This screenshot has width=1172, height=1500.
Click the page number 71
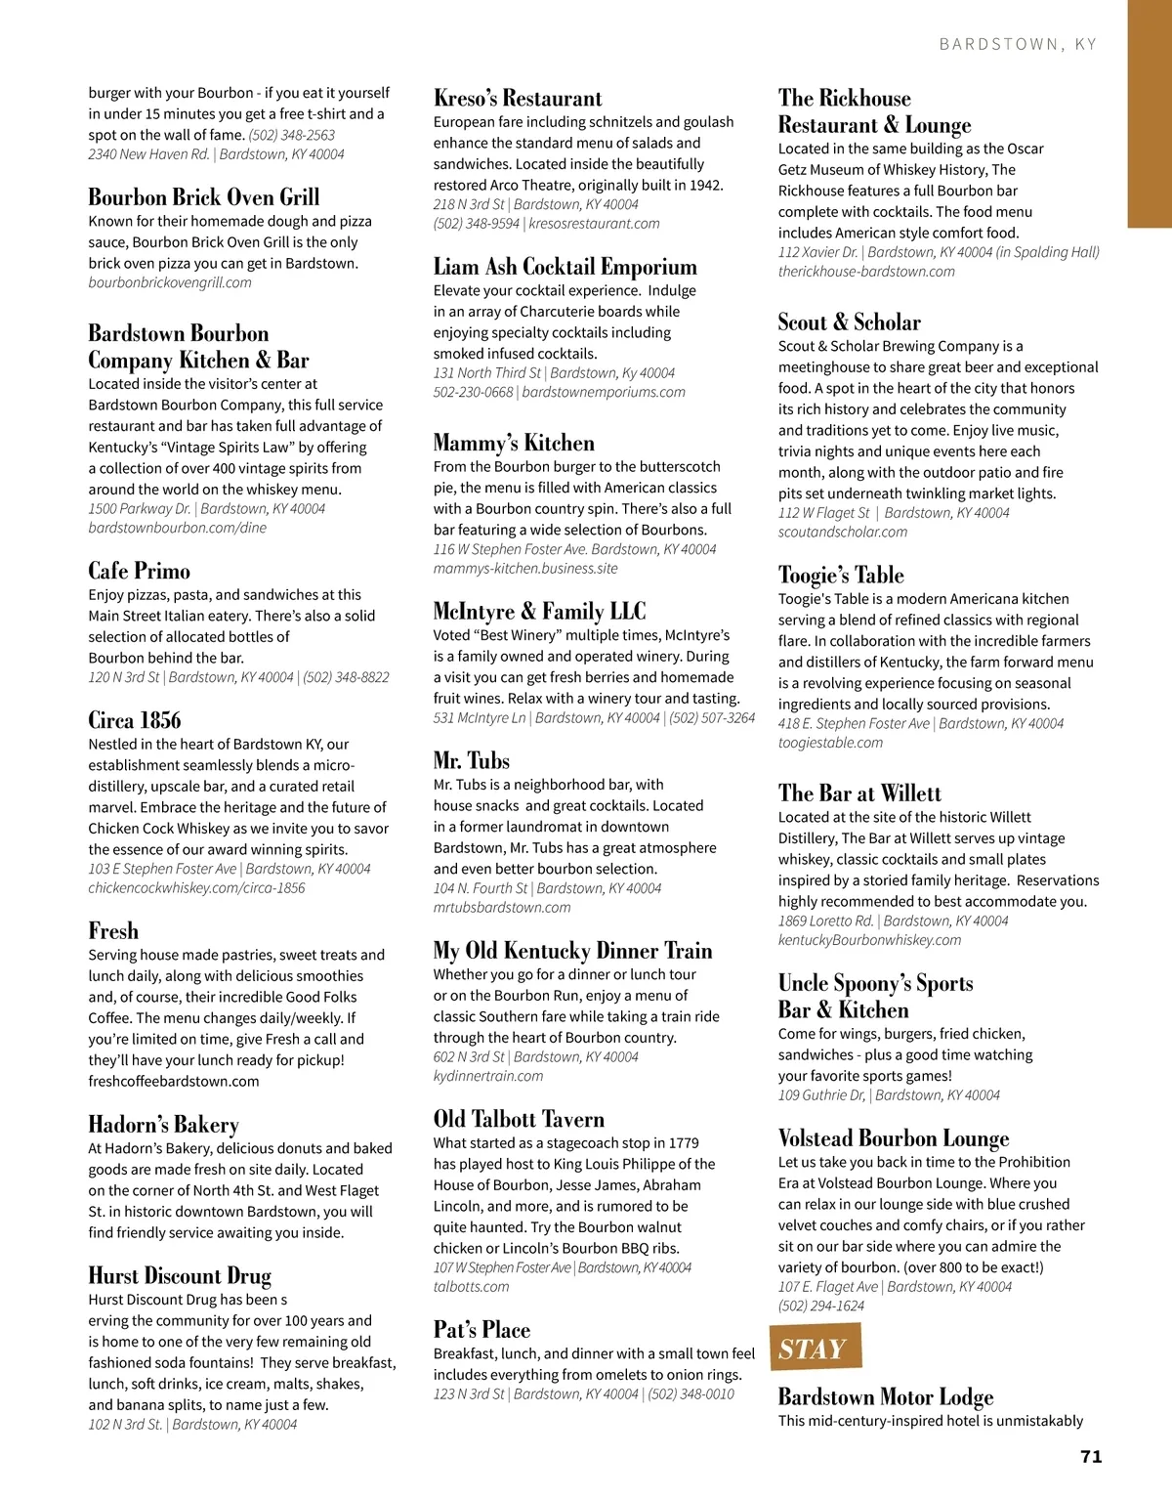(x=1091, y=1456)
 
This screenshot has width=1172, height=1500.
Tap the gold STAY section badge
(x=815, y=1349)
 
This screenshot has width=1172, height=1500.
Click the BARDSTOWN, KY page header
(x=1018, y=44)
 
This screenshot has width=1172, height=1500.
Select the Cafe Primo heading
(x=139, y=571)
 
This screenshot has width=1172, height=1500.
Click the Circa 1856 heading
(x=135, y=720)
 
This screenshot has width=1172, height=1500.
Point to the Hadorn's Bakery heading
(x=163, y=1124)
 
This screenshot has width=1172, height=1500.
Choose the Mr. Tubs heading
(x=472, y=760)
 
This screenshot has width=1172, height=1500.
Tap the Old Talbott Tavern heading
(x=519, y=1119)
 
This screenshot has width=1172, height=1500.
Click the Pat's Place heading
(x=481, y=1329)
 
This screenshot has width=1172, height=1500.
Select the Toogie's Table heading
(x=841, y=575)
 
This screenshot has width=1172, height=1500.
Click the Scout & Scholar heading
(x=849, y=321)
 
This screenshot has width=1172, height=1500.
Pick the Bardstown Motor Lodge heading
(x=886, y=1396)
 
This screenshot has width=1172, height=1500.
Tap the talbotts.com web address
(x=472, y=1287)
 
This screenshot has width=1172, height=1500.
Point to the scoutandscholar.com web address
(x=842, y=533)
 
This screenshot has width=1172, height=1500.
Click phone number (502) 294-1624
(x=821, y=1306)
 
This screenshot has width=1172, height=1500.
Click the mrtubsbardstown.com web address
(x=502, y=907)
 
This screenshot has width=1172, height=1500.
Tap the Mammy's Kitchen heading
(x=514, y=443)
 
